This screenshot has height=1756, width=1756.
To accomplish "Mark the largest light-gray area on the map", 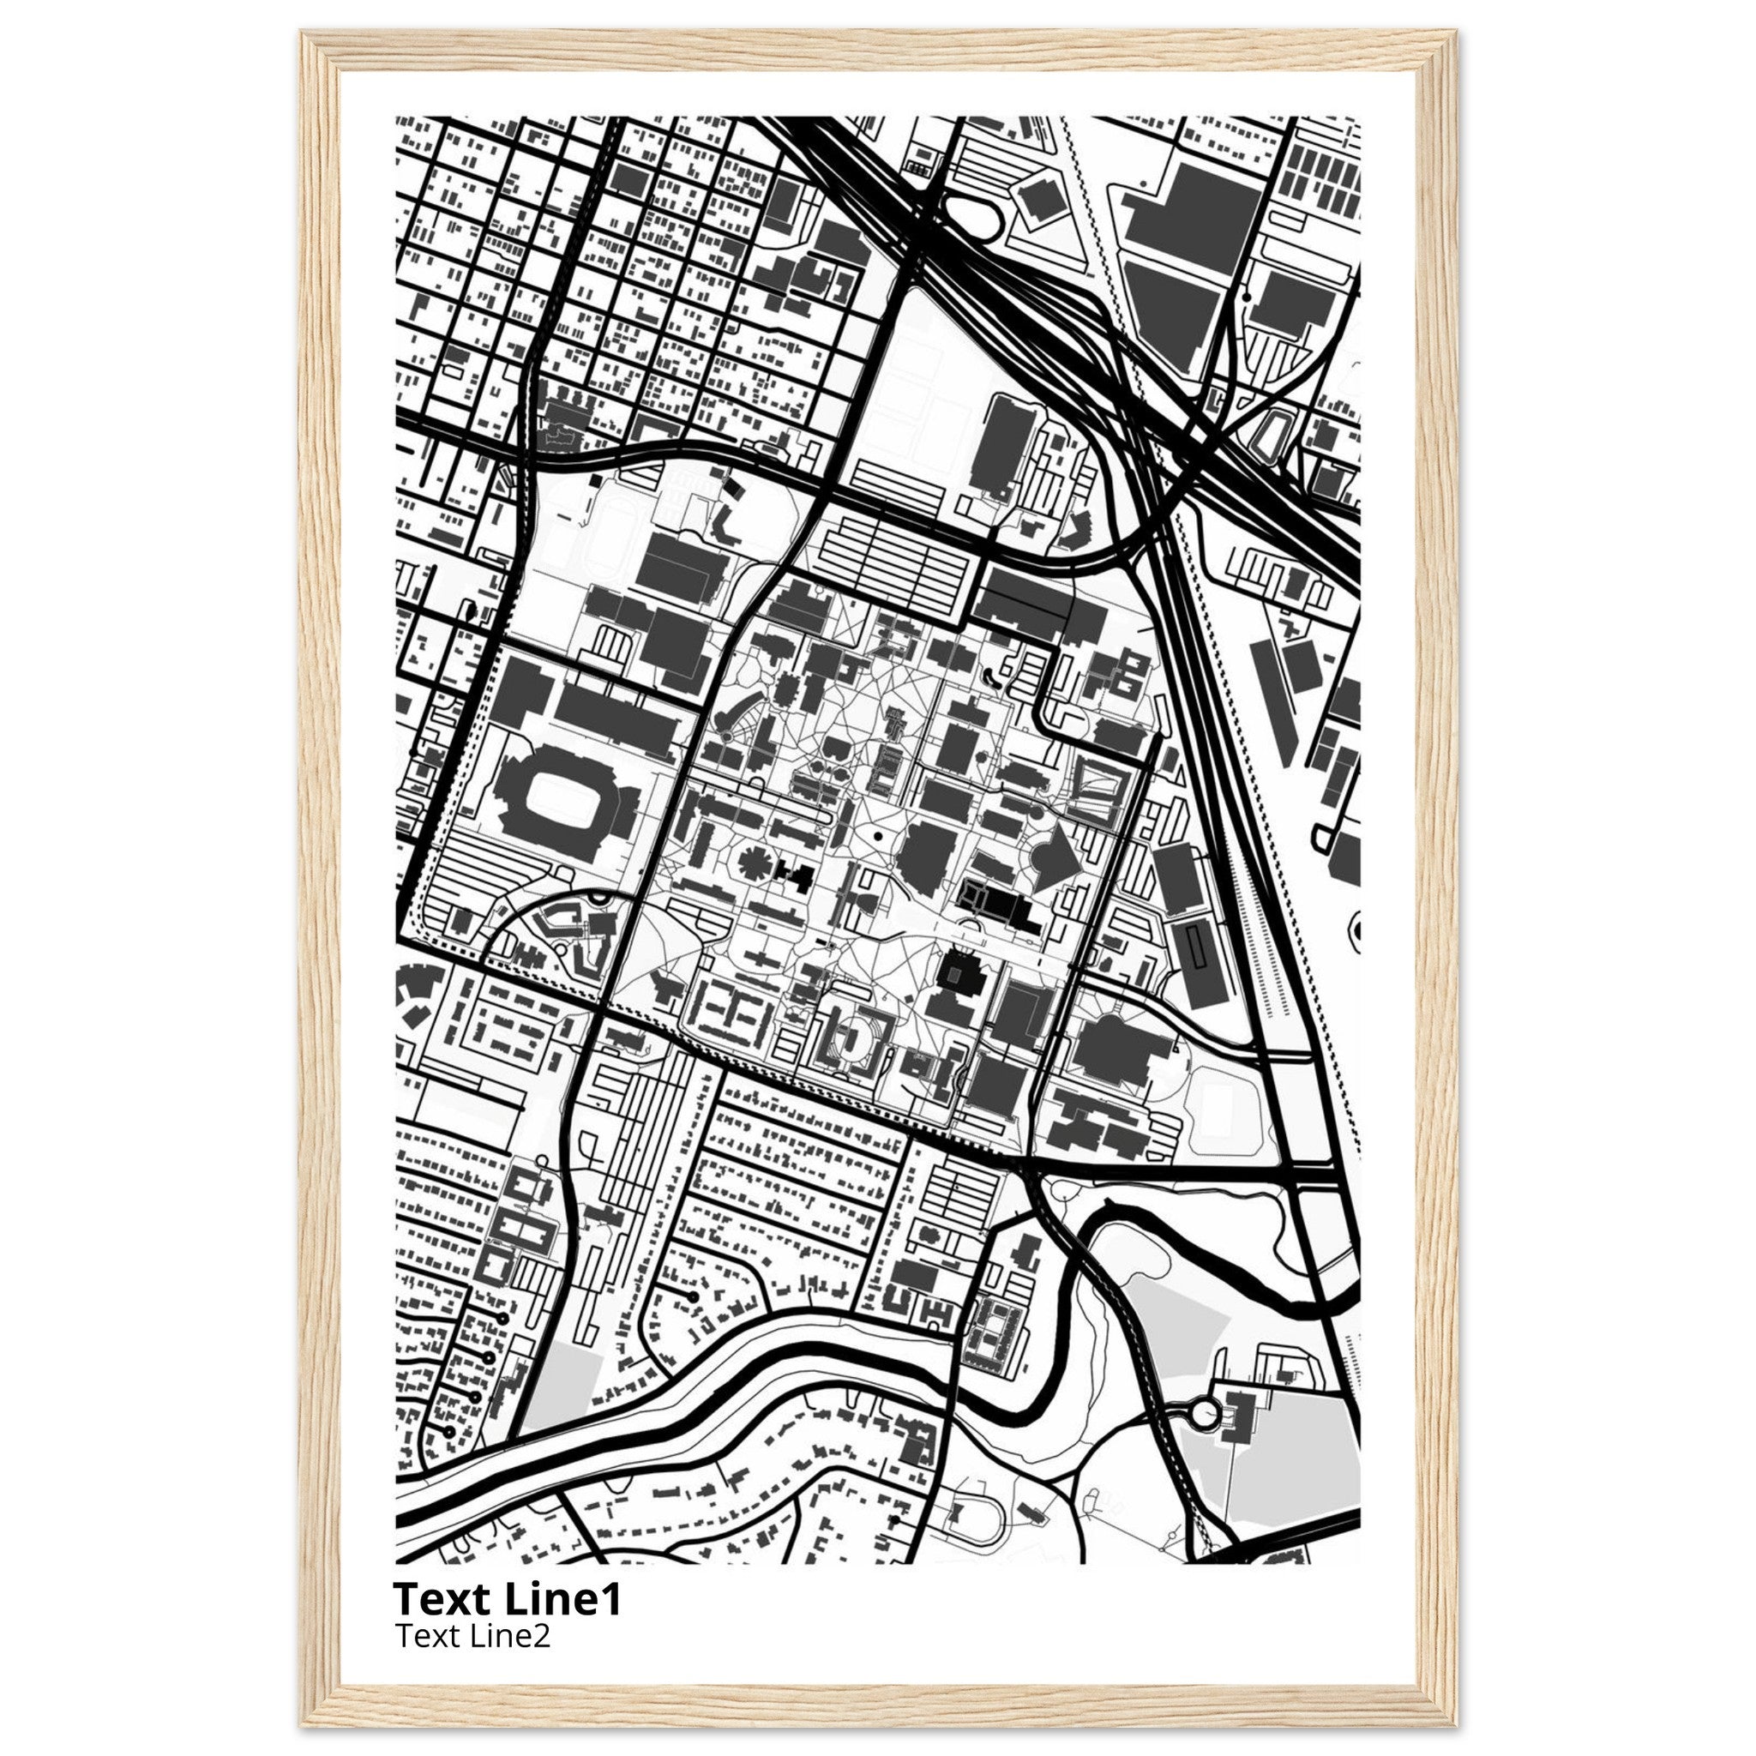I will tap(1290, 1472).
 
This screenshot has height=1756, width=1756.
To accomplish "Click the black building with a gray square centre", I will tap(955, 973).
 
